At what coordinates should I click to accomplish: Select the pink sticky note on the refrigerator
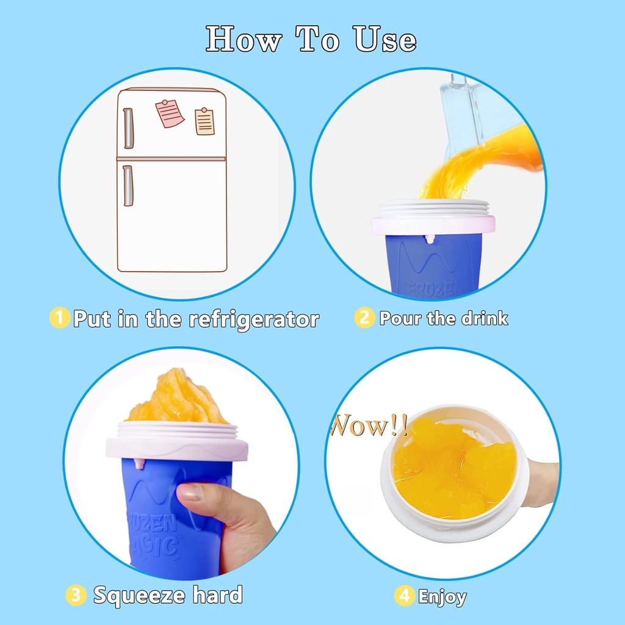[169, 114]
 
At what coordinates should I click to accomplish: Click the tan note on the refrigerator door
[205, 121]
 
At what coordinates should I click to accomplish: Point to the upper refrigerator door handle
[128, 128]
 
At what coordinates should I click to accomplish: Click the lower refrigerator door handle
[128, 186]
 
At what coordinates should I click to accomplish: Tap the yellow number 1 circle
[59, 318]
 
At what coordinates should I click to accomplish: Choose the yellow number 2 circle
[364, 318]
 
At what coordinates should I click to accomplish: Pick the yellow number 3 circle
[76, 595]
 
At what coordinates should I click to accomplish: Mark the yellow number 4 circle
[405, 596]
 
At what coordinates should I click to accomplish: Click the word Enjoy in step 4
[443, 596]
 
